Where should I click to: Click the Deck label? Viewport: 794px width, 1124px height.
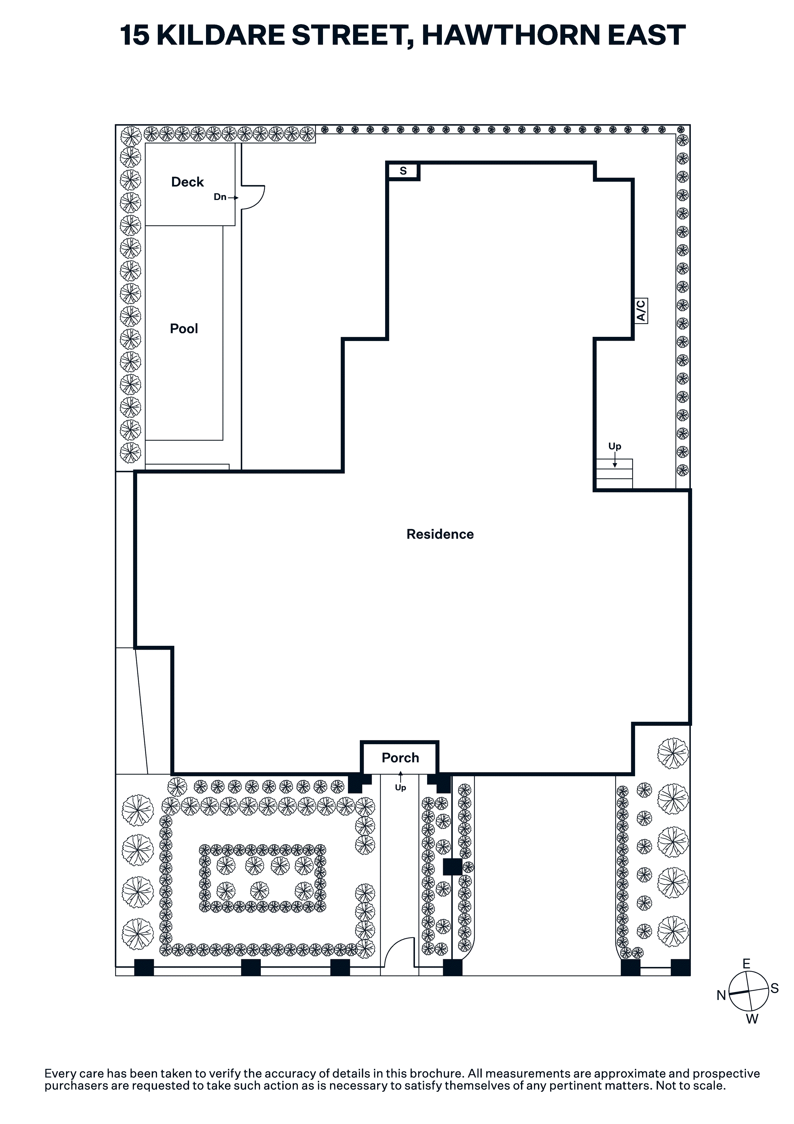pyautogui.click(x=187, y=182)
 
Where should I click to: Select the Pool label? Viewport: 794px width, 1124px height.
pyautogui.click(x=184, y=329)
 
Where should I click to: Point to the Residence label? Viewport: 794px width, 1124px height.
pyautogui.click(x=440, y=534)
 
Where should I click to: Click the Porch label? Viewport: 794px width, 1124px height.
pyautogui.click(x=401, y=758)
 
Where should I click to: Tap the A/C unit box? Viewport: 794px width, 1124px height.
pyautogui.click(x=641, y=310)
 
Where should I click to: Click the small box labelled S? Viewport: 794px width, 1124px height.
pyautogui.click(x=403, y=171)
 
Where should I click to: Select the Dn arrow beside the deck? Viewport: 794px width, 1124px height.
pyautogui.click(x=233, y=198)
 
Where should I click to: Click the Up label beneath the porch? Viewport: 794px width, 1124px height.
pyautogui.click(x=401, y=788)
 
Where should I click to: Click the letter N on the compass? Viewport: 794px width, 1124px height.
pyautogui.click(x=721, y=995)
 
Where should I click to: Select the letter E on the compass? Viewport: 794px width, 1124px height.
pyautogui.click(x=747, y=964)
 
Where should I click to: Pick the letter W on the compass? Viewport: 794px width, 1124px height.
pyautogui.click(x=752, y=1019)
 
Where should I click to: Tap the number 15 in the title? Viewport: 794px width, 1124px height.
pyautogui.click(x=134, y=35)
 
